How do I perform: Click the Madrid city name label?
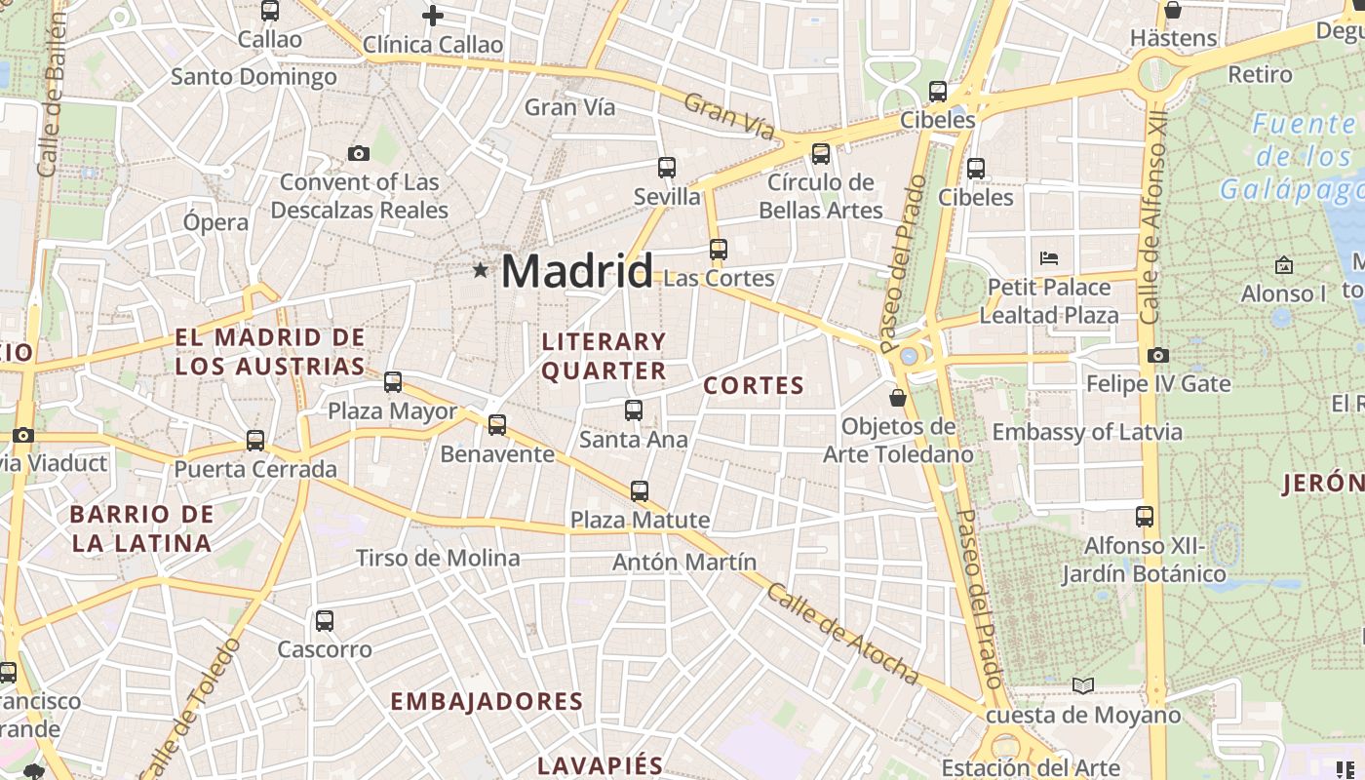coord(576,271)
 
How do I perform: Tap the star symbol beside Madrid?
coord(480,270)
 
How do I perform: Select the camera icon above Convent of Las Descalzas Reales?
coord(359,153)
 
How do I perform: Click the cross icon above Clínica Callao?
coord(433,16)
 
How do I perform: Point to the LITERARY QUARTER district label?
coord(604,356)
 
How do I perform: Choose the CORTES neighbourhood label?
coord(754,386)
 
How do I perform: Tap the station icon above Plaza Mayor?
coord(393,382)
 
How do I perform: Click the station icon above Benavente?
coord(497,425)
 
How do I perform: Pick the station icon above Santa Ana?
coord(634,410)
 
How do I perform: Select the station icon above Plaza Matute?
coord(640,491)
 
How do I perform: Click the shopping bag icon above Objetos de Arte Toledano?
coord(898,398)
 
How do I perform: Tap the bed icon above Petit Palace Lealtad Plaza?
coord(1049,258)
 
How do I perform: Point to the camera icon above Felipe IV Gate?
coord(1158,356)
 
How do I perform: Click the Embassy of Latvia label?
coord(1087,432)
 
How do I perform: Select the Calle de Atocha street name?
coord(842,633)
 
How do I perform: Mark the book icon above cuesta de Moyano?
coord(1083,685)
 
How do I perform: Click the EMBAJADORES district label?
coord(487,702)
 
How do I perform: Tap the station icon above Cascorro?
coord(325,620)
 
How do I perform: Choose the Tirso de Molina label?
coord(438,559)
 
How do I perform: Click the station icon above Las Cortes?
coord(719,250)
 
